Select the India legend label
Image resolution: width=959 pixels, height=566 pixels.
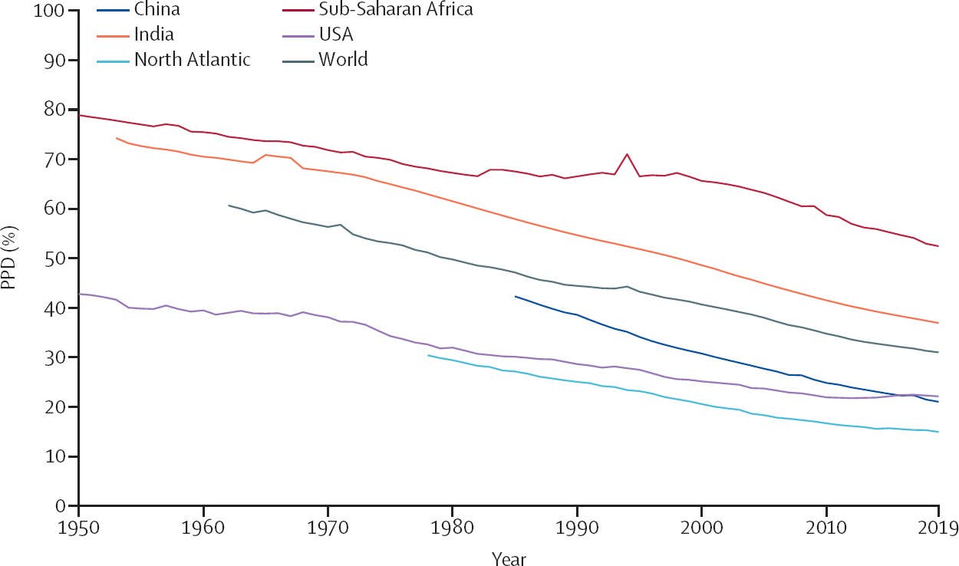pos(153,35)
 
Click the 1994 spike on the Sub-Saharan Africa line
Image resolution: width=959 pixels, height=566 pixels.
pos(628,154)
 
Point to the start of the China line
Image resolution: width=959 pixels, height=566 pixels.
pos(515,296)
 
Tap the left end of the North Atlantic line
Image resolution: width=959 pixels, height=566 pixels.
pos(428,355)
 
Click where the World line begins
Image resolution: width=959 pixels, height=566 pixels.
pos(229,206)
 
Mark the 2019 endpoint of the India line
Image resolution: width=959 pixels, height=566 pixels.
pos(938,323)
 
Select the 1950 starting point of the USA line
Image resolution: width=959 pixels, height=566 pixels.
pos(79,294)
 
